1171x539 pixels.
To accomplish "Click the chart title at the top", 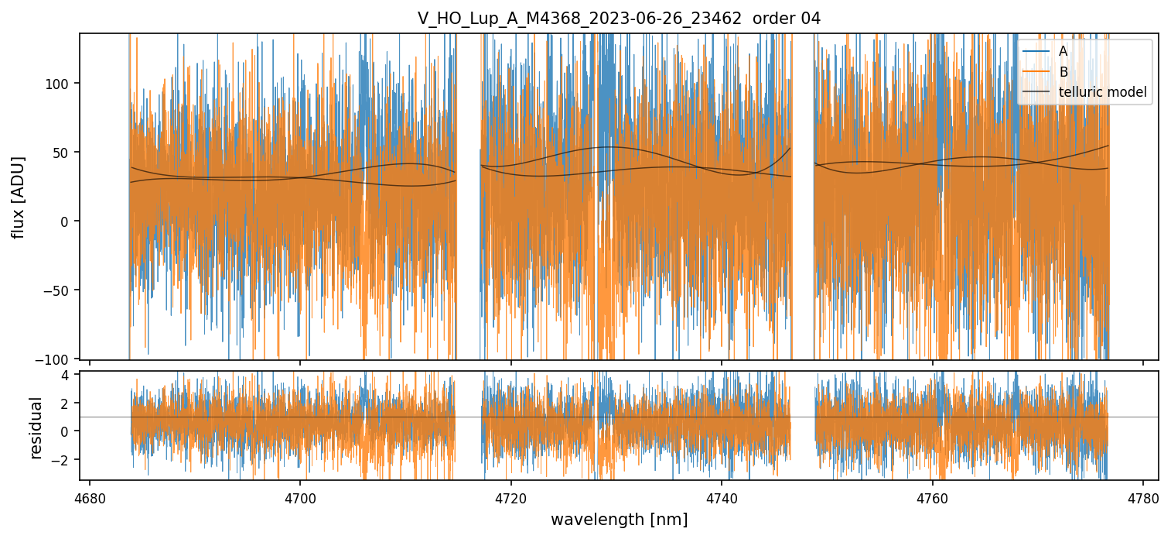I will [x=619, y=19].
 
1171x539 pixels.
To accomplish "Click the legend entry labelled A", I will [x=1063, y=52].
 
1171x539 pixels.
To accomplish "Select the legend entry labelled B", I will [x=1063, y=72].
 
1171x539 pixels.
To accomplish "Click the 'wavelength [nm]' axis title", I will [x=619, y=520].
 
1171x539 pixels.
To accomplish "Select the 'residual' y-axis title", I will [x=36, y=427].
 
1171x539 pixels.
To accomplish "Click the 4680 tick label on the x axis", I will [x=90, y=498].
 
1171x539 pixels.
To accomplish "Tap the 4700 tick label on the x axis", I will [x=300, y=498].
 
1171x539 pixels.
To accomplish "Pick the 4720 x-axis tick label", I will [x=510, y=498].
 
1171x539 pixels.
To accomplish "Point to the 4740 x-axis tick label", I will [x=722, y=498].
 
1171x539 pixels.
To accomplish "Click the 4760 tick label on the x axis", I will [x=932, y=498].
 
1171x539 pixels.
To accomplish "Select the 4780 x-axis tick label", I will [x=1142, y=498].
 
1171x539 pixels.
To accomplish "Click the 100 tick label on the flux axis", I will [x=61, y=84].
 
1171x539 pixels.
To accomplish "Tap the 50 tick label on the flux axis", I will [x=64, y=153].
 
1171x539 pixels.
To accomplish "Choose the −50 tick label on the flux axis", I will [x=60, y=290].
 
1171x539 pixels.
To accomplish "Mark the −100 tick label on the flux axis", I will [x=58, y=359].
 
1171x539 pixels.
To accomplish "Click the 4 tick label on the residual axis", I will [x=66, y=375].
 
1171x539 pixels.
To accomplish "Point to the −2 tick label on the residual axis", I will [x=62, y=459].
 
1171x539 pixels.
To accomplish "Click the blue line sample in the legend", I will [x=1036, y=52].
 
